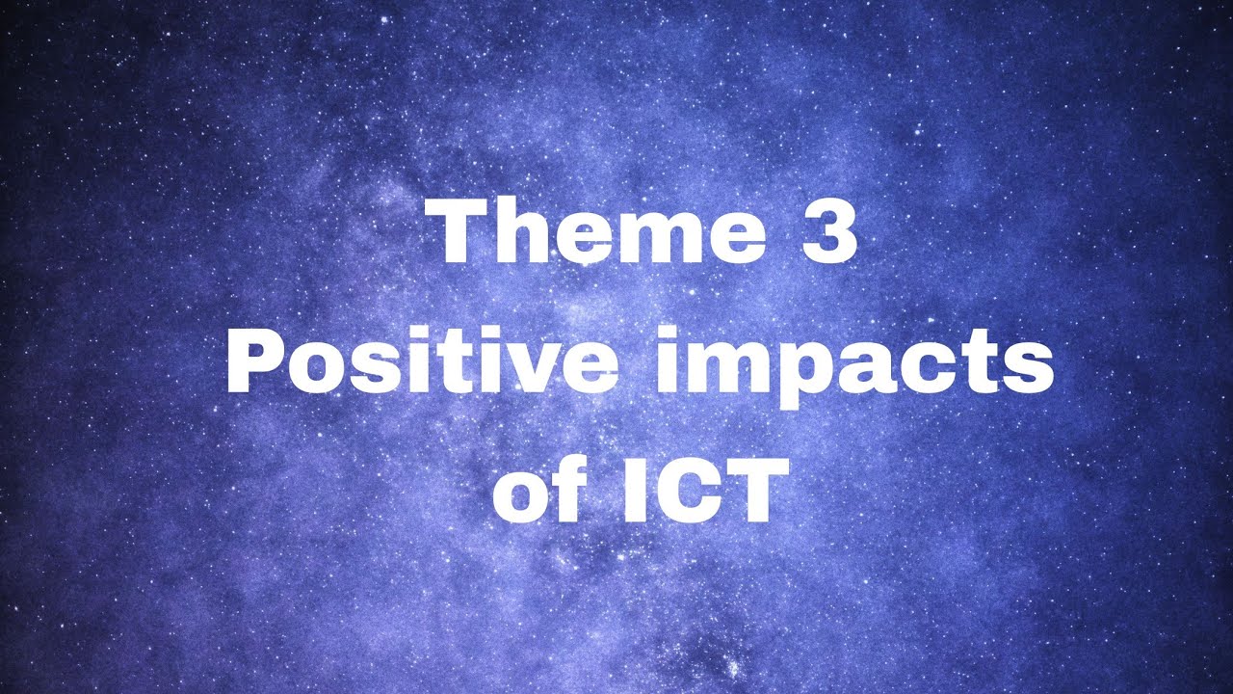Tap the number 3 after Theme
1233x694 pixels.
coord(827,235)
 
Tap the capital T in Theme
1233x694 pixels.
coord(460,234)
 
